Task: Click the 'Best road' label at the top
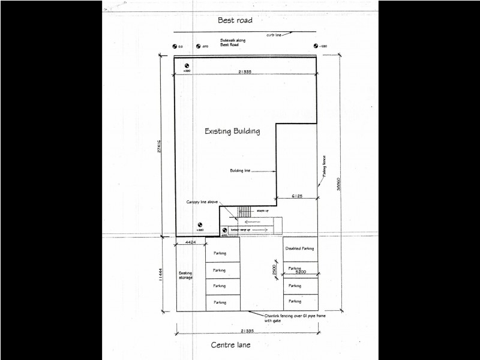(x=235, y=20)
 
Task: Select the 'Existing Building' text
(x=232, y=131)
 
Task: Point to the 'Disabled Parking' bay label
(x=300, y=248)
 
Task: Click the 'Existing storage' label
(x=185, y=275)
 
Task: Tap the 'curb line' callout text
(x=274, y=35)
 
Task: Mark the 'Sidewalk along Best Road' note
(x=229, y=43)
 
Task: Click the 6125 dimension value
(x=296, y=196)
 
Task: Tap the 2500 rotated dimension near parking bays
(x=273, y=270)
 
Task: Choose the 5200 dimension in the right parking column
(x=301, y=272)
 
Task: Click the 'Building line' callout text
(x=239, y=170)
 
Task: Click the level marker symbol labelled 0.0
(x=175, y=46)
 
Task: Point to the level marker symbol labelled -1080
(x=316, y=46)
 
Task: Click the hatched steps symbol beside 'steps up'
(x=244, y=211)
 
